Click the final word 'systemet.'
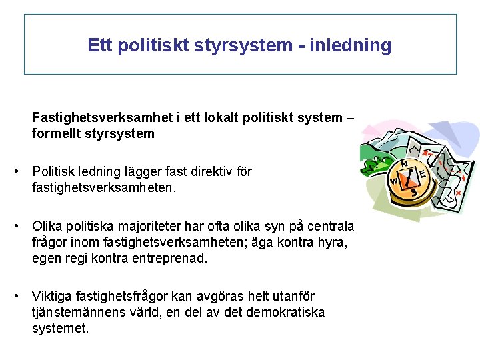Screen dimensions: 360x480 60,329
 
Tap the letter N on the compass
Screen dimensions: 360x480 405,163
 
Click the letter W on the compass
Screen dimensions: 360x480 393,181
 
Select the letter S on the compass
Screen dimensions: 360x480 413,192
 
